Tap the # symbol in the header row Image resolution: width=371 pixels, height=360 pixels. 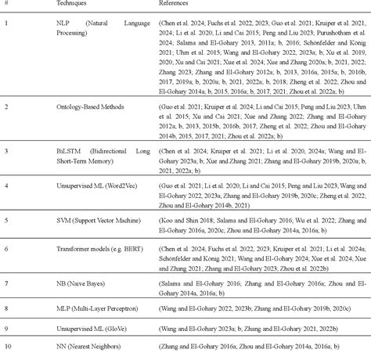[6, 5]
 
